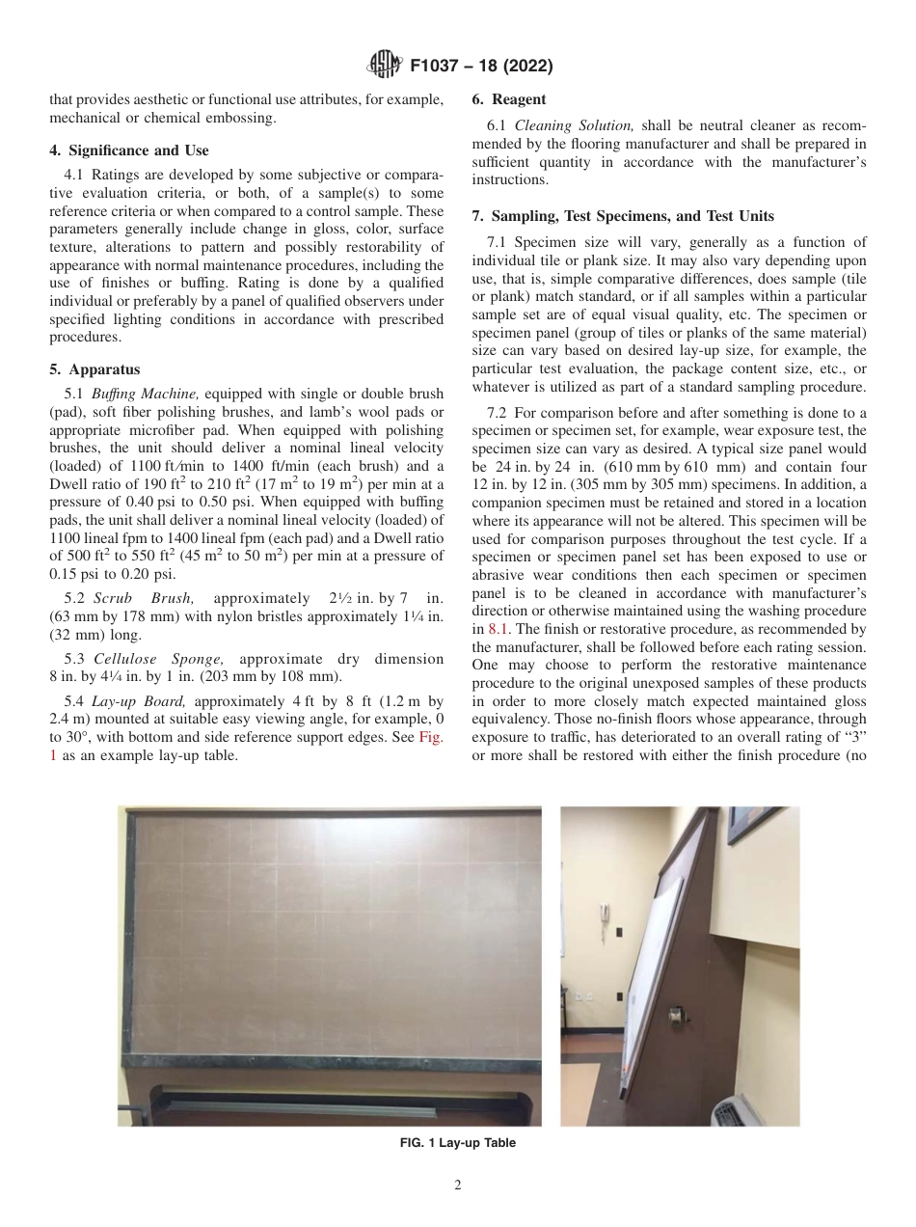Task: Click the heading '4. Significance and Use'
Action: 128,150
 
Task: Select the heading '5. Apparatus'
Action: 94,369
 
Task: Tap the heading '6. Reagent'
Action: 508,99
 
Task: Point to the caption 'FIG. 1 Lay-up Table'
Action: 457,1143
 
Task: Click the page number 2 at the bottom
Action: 458,1186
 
